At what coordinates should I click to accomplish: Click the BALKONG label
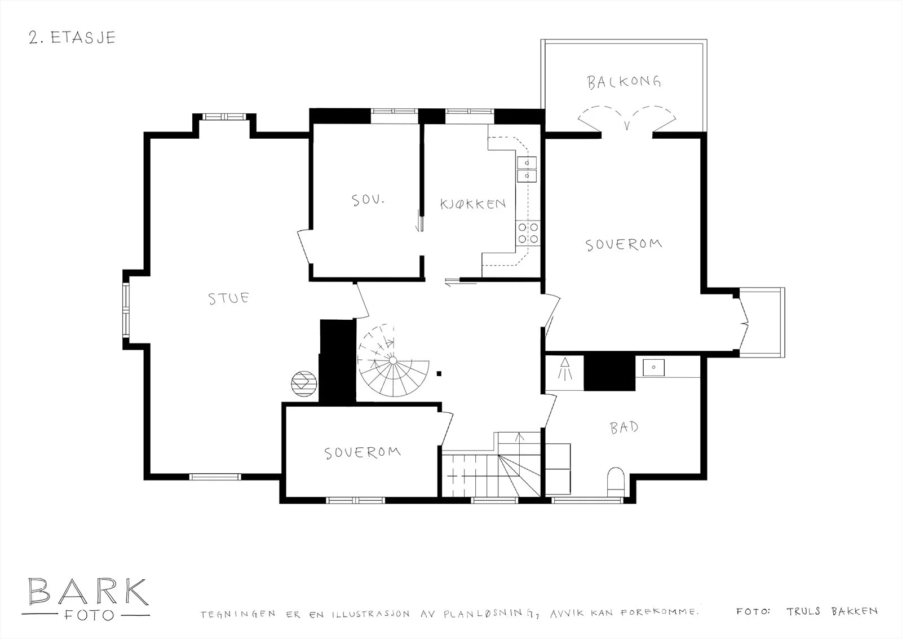pos(624,82)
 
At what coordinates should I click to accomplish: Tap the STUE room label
pos(228,298)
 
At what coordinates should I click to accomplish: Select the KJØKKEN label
pos(473,204)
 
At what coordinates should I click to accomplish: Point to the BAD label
pos(624,428)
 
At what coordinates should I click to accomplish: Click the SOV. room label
pos(368,200)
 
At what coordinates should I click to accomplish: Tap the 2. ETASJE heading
pos(72,37)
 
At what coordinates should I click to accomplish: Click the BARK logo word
pos(89,592)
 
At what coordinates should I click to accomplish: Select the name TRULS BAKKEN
pos(832,611)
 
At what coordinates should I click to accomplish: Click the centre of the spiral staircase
pos(393,360)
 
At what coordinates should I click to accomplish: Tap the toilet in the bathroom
pos(615,482)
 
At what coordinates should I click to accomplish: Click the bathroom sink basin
pos(653,368)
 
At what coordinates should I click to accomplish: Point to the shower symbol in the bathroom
pos(565,369)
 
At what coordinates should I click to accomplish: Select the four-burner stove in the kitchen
pos(528,233)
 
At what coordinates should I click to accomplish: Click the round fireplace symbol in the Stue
pos(304,384)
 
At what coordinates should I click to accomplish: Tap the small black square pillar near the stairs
pos(439,373)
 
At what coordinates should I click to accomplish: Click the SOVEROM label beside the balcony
pos(624,245)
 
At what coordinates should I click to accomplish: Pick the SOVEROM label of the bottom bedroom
pos(362,453)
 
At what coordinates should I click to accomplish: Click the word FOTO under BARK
pos(89,616)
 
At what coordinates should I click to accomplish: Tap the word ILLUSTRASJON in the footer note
pos(370,614)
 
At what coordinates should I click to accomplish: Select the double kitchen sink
pos(527,169)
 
